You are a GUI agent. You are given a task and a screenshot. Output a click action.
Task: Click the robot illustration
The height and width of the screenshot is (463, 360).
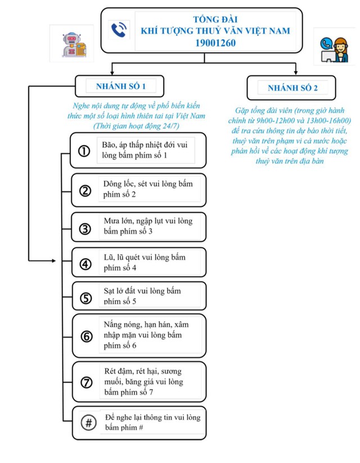[67, 44]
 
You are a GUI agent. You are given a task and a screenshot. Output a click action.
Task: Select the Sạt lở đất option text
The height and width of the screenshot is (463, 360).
[143, 296]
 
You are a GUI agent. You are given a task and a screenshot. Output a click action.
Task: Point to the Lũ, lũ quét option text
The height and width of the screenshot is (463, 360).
[145, 262]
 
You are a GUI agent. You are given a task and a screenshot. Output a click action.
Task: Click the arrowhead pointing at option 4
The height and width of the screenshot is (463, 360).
[53, 261]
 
